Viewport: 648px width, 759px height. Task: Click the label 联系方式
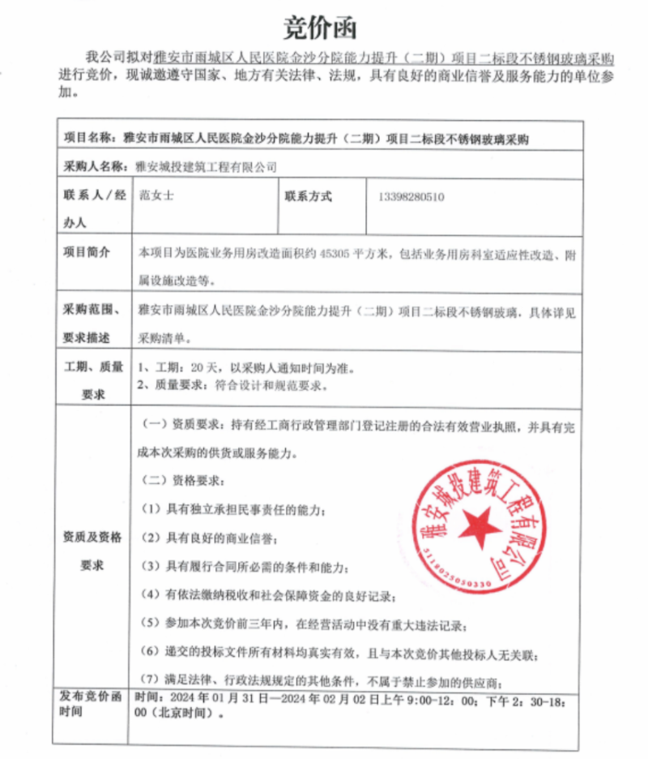click(308, 196)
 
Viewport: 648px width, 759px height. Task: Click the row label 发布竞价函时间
click(90, 703)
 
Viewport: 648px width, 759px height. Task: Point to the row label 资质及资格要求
click(92, 551)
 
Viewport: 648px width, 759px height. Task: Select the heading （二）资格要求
click(179, 479)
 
